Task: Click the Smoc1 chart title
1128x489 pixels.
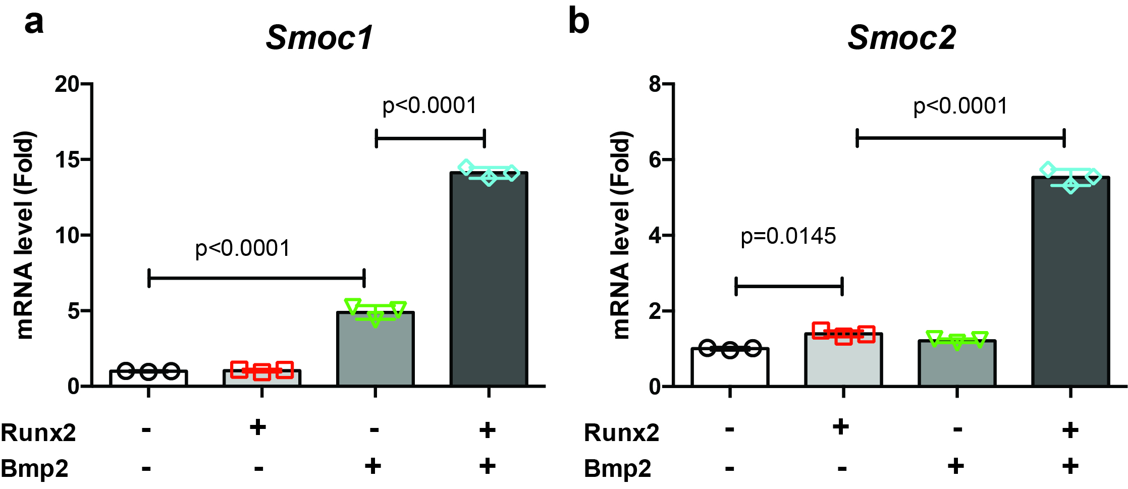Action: (x=319, y=38)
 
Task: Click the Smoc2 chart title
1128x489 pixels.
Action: (x=901, y=38)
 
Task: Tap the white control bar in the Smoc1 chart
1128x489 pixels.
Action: (x=148, y=378)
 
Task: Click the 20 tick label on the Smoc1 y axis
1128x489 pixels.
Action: (x=68, y=84)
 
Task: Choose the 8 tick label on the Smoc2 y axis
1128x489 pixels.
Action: (x=655, y=84)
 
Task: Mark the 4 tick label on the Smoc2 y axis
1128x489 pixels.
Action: (x=655, y=236)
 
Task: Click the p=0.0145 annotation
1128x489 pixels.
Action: (x=788, y=236)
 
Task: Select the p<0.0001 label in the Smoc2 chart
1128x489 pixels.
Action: (x=960, y=106)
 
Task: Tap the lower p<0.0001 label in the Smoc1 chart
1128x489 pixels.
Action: (x=243, y=248)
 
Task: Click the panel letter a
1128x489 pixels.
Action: (x=34, y=23)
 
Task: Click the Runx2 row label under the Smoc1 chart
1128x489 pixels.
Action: (x=38, y=433)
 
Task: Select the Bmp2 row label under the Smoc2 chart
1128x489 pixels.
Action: (x=617, y=468)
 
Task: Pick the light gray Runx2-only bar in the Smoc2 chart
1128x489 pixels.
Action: (x=843, y=360)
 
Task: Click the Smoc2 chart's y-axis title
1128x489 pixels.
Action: (x=621, y=235)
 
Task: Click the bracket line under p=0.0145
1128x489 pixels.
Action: (x=789, y=287)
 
